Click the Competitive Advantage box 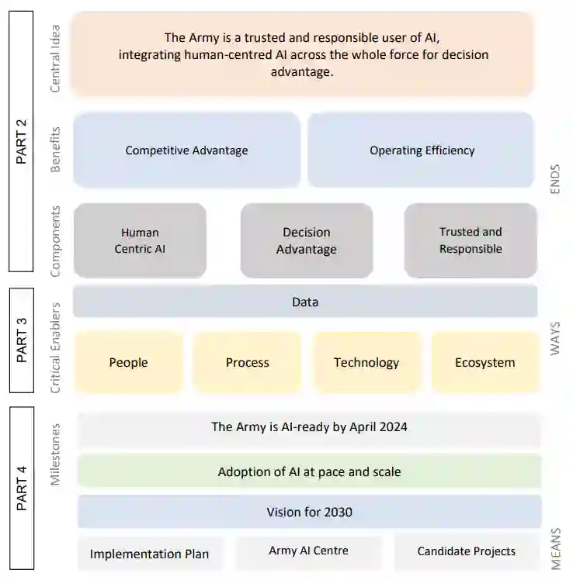(186, 150)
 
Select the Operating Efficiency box (421, 150)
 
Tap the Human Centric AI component (140, 240)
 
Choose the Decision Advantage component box (307, 240)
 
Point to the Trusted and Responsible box (471, 240)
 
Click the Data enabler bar (305, 302)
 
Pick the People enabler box (128, 362)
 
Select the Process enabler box (247, 362)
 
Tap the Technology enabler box (366, 362)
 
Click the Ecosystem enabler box (484, 362)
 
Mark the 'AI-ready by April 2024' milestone (309, 427)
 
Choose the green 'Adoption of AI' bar (309, 471)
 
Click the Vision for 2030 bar (309, 512)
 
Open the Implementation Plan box (149, 554)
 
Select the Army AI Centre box (308, 551)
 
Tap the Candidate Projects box (466, 551)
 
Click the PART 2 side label (21, 141)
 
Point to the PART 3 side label (21, 340)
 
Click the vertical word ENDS (555, 178)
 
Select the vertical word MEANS (555, 549)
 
